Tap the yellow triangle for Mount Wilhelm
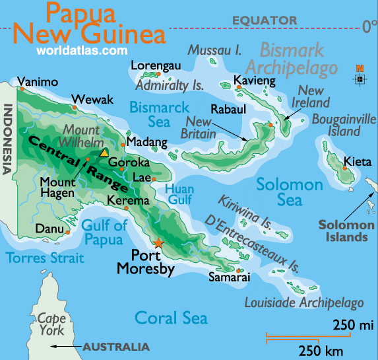[x=104, y=153]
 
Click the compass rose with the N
[x=360, y=77]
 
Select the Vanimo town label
[x=38, y=83]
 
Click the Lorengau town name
[x=155, y=66]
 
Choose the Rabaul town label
[x=228, y=109]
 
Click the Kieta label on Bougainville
[x=357, y=162]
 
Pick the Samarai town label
[x=229, y=278]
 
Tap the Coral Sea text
[x=171, y=318]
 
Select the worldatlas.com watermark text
[x=82, y=50]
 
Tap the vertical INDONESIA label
[x=9, y=139]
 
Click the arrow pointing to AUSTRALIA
[x=66, y=346]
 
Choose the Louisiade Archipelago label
[x=304, y=303]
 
